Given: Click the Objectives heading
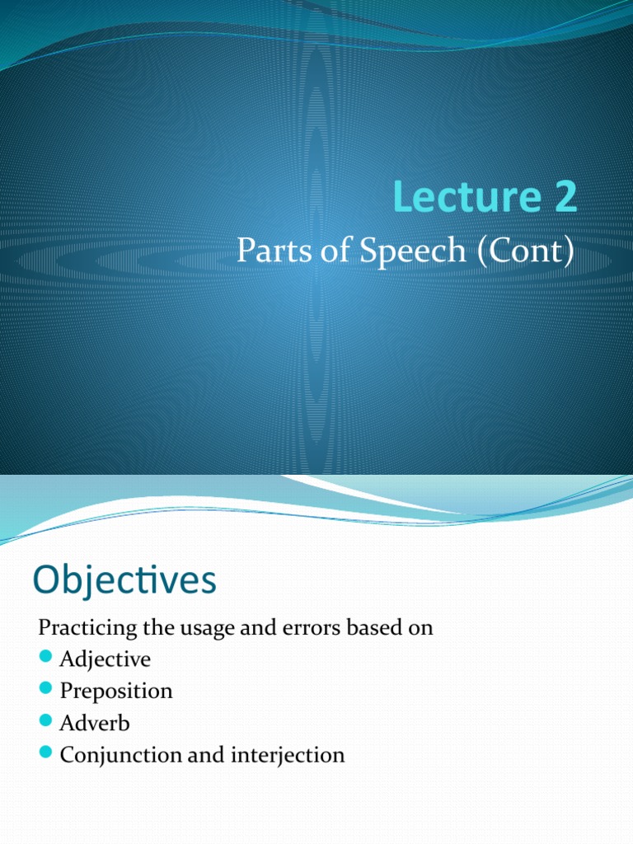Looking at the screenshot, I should [124, 581].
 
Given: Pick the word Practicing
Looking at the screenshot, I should [88, 629].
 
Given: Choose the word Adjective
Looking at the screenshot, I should [105, 659].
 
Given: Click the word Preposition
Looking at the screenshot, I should [116, 692].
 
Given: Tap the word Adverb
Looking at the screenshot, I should [95, 723].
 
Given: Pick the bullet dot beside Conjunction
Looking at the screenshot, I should [45, 753].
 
